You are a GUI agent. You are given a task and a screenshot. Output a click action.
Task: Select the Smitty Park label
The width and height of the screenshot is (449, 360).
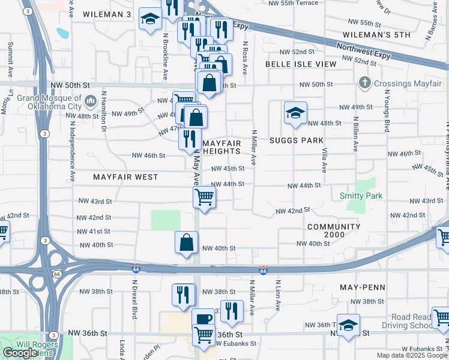(361, 196)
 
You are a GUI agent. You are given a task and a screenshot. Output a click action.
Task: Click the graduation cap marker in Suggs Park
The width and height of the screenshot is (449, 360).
(295, 113)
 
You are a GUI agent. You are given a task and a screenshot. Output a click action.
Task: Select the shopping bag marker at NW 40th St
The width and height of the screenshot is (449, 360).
(187, 242)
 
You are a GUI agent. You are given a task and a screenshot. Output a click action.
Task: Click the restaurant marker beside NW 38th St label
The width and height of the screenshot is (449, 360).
(184, 294)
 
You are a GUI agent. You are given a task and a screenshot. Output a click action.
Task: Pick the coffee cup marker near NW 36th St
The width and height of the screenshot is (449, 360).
(203, 318)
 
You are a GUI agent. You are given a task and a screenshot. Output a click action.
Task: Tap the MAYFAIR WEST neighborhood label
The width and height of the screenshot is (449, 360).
(125, 177)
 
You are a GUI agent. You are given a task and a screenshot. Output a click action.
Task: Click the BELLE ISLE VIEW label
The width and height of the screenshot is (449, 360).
(301, 64)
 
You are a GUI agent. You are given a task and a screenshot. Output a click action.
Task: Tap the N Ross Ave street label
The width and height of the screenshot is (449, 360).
(245, 58)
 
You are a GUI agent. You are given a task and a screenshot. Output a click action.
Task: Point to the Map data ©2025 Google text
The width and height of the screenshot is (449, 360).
(412, 355)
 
